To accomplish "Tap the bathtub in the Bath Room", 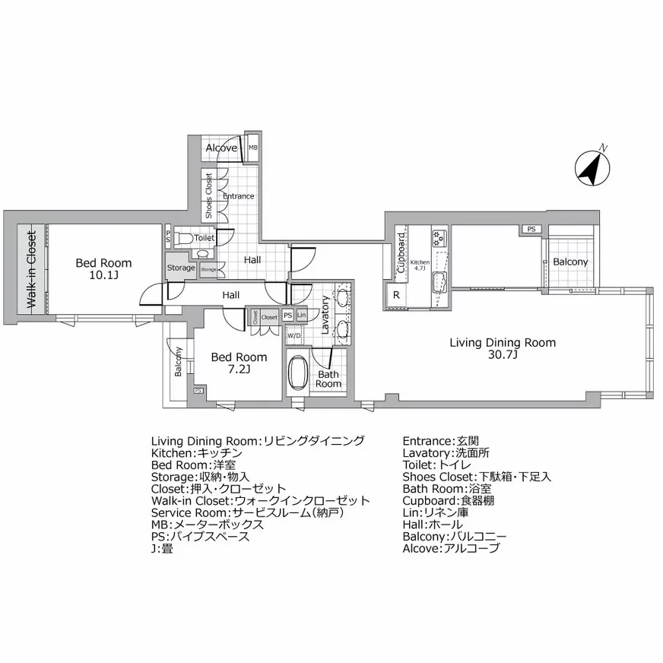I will coord(297,373).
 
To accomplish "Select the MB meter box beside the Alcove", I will coord(252,148).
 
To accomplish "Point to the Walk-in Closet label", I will coord(32,269).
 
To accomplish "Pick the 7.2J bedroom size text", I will coord(238,370).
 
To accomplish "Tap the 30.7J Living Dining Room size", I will coord(503,355).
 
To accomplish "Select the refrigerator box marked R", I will coord(396,295).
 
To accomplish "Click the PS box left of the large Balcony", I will coord(530,229).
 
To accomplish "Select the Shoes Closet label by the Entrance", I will coord(209,196).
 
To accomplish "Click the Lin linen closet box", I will coord(302,316).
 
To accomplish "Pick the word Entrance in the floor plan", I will coord(238,196).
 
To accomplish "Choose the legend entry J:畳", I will coord(162,548).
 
